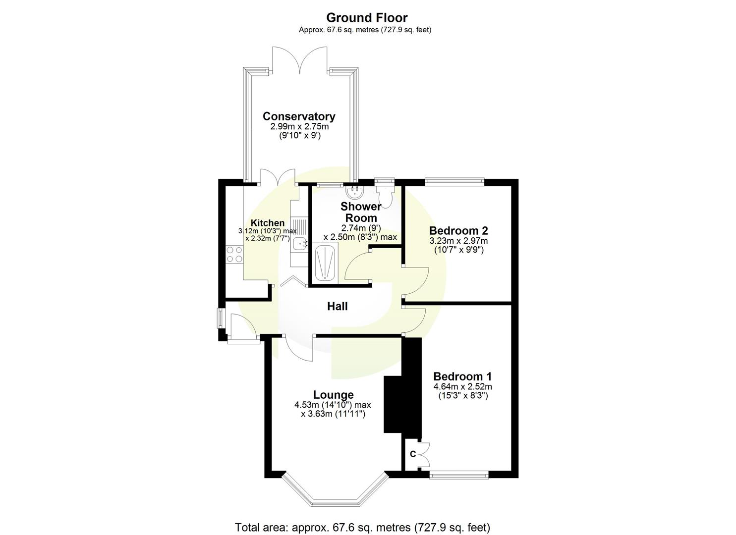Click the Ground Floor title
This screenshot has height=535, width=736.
[367, 18]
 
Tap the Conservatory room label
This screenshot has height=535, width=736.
[299, 116]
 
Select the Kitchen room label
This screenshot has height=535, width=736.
[268, 223]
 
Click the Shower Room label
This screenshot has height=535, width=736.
[361, 212]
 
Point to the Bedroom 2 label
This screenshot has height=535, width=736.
[458, 230]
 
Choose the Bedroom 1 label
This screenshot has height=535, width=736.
[462, 376]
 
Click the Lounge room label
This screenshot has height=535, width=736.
[333, 395]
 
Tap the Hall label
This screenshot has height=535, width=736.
[337, 307]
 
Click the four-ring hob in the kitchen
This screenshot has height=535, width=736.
[234, 254]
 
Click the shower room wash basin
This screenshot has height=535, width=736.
[354, 192]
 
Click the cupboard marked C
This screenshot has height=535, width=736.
[412, 454]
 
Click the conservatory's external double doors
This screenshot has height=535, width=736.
[299, 62]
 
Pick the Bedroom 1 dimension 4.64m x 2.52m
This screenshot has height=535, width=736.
[462, 387]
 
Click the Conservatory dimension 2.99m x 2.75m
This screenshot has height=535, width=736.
[299, 127]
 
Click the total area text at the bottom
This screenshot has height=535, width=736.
[362, 527]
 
